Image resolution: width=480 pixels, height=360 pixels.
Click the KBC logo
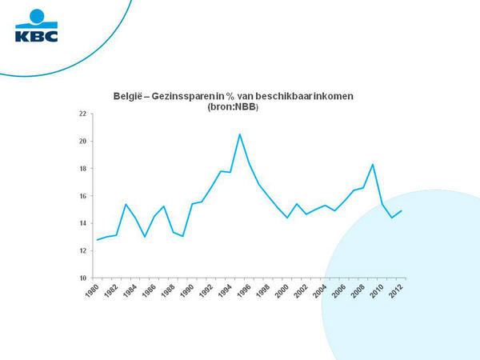tap(37, 26)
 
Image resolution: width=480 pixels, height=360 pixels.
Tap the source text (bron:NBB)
tap(233, 107)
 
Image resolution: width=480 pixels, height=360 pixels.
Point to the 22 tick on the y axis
tap(82, 114)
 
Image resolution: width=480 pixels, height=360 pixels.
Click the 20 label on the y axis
tap(82, 141)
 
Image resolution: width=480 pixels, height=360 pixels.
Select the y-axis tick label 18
tap(82, 168)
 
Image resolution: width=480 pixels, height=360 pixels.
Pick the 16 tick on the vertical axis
tap(82, 196)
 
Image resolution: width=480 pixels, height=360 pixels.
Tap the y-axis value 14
tap(82, 223)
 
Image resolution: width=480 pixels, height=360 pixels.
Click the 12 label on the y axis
tap(82, 250)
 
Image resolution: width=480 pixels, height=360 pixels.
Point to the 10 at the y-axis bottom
tap(82, 278)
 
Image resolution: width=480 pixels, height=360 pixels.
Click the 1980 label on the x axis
tap(92, 290)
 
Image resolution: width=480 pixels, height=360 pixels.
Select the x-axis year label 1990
tap(186, 290)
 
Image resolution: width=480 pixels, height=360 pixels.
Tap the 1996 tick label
tap(244, 290)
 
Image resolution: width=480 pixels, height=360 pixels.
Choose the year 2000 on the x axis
tap(282, 290)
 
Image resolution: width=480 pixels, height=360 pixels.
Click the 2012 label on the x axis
tap(395, 290)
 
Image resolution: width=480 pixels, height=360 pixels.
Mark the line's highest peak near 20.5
tap(240, 134)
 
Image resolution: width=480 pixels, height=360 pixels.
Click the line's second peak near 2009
tap(373, 164)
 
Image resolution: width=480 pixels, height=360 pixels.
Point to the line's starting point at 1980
tap(98, 240)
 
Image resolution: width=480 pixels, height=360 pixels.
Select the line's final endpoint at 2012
tap(401, 210)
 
